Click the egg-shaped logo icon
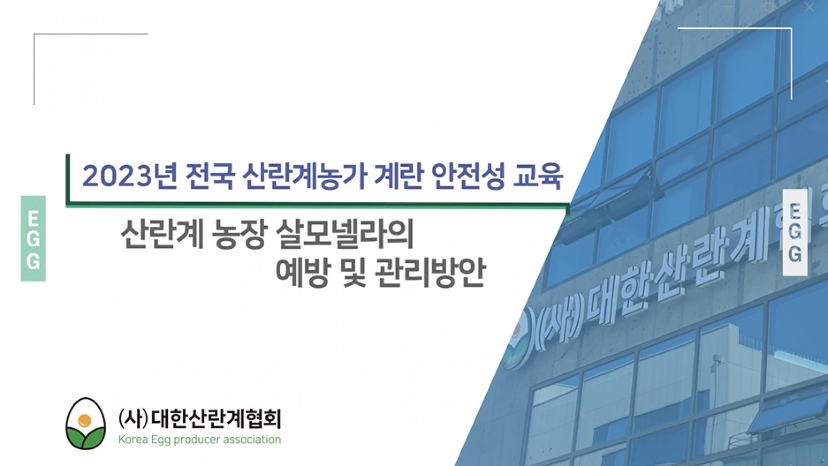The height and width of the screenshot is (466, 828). click(86, 424)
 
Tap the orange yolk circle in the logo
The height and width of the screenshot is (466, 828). click(84, 421)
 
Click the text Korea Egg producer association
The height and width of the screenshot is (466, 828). click(199, 440)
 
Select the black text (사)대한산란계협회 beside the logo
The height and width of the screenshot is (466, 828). click(199, 419)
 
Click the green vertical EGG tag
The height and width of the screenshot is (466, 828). click(33, 239)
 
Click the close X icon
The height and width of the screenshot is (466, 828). click(809, 7)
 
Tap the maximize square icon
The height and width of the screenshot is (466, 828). click(769, 7)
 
